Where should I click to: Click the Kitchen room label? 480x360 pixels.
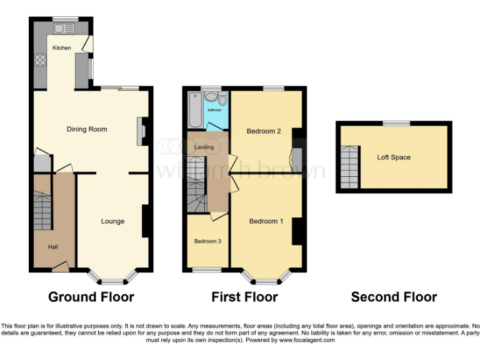(61, 48)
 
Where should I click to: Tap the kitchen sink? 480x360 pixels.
(63, 28)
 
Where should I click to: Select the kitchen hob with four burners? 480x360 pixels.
(41, 61)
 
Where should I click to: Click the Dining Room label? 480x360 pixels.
(87, 129)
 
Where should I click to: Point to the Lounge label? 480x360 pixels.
(112, 221)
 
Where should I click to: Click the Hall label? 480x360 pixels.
(54, 247)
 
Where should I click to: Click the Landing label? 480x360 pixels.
(204, 147)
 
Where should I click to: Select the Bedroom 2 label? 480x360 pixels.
(263, 131)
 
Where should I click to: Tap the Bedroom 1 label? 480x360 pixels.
(266, 221)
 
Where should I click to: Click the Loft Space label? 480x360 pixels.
(394, 157)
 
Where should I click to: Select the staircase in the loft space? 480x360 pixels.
(350, 167)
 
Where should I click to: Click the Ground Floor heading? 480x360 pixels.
(91, 297)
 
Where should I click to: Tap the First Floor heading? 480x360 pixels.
(244, 297)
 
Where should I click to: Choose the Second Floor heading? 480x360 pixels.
(394, 297)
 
